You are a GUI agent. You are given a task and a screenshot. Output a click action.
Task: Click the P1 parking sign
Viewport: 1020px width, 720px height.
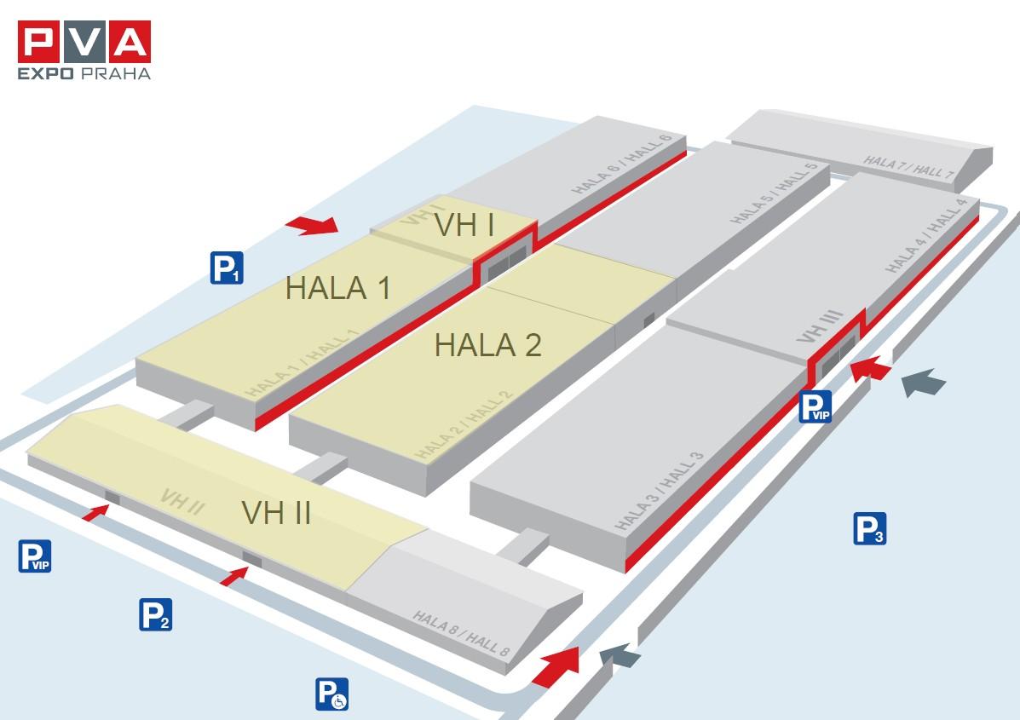[x=227, y=268]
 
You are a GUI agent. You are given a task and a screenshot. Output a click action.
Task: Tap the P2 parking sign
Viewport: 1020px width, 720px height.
[x=155, y=614]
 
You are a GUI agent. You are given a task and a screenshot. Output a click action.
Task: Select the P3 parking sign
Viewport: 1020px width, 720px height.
[x=870, y=528]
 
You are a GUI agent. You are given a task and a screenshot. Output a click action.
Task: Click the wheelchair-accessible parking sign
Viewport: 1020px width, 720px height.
[x=331, y=694]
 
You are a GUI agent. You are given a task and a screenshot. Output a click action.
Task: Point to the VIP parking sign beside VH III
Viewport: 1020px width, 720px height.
[x=815, y=406]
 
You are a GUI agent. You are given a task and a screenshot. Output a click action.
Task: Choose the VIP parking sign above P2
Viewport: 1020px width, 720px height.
[x=34, y=556]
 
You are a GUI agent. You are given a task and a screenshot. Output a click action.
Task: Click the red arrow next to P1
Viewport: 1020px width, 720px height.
[x=312, y=225]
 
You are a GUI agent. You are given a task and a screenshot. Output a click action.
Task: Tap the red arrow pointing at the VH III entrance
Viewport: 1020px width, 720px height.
[x=870, y=369]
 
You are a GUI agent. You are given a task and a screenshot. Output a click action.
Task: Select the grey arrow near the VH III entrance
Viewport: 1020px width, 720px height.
[x=923, y=382]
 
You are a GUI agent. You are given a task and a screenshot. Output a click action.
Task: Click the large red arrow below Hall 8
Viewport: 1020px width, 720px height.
[x=556, y=666]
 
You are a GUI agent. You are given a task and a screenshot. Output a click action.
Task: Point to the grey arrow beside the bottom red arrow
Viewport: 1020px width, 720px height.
[x=619, y=655]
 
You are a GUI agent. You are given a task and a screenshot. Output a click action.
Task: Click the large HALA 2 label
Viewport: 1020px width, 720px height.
[x=488, y=345]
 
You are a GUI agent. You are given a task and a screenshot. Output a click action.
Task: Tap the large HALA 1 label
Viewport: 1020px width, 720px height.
[x=338, y=288]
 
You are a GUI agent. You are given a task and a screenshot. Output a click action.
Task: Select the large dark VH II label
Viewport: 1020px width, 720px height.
[x=276, y=513]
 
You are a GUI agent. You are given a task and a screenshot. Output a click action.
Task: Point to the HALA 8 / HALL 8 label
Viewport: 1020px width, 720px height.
[x=461, y=633]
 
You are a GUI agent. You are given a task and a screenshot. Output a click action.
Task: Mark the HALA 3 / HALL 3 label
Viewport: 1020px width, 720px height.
[x=659, y=491]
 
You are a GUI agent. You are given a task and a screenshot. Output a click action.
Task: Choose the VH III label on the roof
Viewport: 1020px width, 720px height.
[x=821, y=326]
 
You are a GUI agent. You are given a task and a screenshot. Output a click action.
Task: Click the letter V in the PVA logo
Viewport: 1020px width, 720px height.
[x=84, y=42]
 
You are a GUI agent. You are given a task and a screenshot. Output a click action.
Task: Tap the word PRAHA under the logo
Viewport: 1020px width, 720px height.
[x=116, y=73]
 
